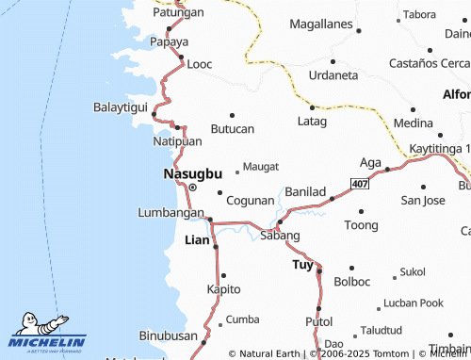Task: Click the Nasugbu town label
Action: pyautogui.click(x=192, y=173)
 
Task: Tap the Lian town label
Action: pyautogui.click(x=197, y=240)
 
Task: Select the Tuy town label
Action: pyautogui.click(x=301, y=266)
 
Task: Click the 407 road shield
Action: pyautogui.click(x=360, y=181)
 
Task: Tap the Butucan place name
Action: pyautogui.click(x=232, y=128)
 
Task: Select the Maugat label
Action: pyautogui.click(x=260, y=166)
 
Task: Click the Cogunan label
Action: pyautogui.click(x=251, y=201)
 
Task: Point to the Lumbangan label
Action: pyautogui.click(x=171, y=213)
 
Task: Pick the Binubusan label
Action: pyautogui.click(x=167, y=335)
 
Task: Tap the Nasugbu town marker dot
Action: pyautogui.click(x=193, y=188)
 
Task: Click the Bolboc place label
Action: pyautogui.click(x=352, y=281)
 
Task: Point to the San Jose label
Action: pyautogui.click(x=423, y=200)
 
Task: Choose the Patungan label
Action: pyautogui.click(x=179, y=13)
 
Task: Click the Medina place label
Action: pyautogui.click(x=414, y=123)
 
